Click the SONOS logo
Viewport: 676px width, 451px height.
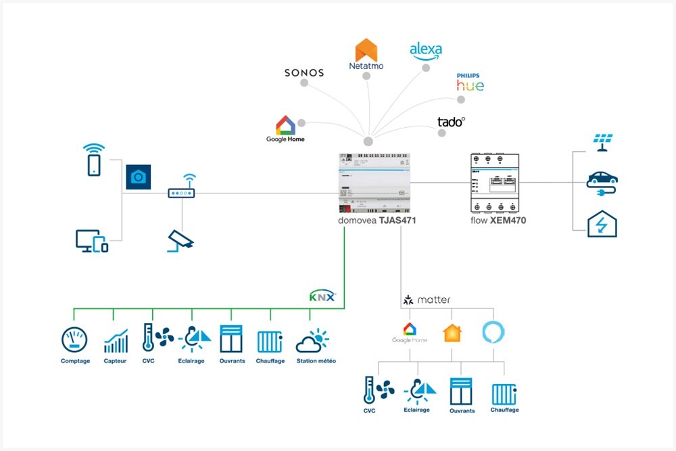(304, 72)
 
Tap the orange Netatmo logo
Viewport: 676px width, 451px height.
(366, 54)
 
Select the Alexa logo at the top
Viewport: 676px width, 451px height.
(426, 51)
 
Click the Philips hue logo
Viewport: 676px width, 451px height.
(470, 82)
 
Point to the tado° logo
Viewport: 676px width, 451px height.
(451, 122)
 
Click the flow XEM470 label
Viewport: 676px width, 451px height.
(498, 220)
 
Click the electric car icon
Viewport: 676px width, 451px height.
(602, 181)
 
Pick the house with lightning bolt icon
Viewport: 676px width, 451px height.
(602, 223)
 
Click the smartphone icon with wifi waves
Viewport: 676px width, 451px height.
(94, 160)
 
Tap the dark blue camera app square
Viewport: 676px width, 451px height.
(138, 176)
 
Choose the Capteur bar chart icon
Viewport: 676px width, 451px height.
(116, 341)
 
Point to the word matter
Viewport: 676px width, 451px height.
(433, 300)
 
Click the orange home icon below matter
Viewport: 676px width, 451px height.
(452, 333)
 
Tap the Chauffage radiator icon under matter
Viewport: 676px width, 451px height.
(504, 394)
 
